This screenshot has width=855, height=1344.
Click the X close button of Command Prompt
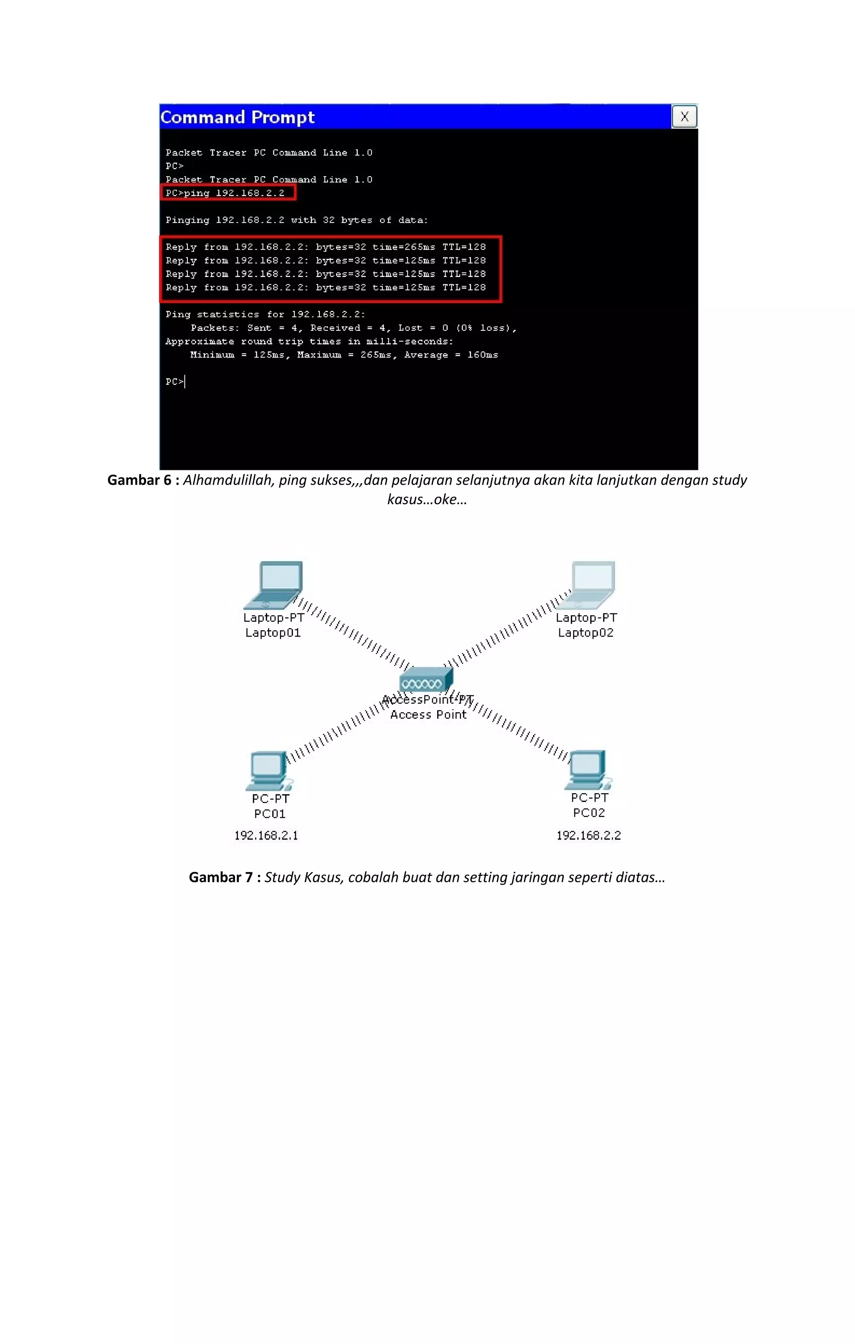684,117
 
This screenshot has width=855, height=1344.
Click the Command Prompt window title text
238,117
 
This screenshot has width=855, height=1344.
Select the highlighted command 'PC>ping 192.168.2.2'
225,193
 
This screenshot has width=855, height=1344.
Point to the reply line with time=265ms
325,247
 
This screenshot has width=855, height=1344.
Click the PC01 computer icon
269,771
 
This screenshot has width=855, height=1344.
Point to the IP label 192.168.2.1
266,836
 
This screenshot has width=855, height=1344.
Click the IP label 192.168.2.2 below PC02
588,836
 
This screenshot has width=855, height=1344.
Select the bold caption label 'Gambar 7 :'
224,877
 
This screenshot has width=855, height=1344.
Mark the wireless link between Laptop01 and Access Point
355,634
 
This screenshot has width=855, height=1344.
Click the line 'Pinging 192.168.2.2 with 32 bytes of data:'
296,221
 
